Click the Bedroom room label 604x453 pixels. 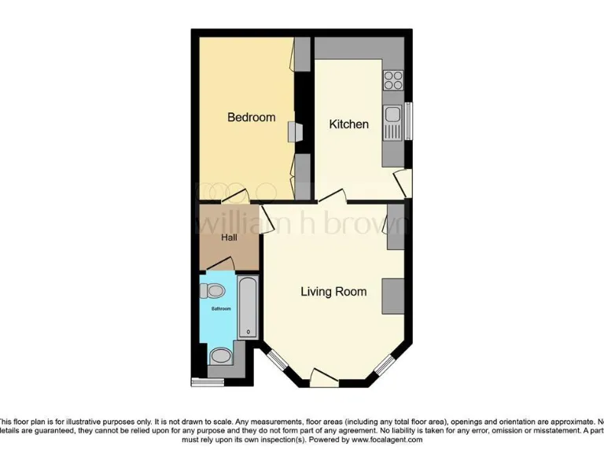(x=251, y=117)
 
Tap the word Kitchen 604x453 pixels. (x=348, y=124)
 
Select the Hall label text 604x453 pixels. (x=229, y=238)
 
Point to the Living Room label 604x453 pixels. (x=333, y=292)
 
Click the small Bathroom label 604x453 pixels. (x=221, y=309)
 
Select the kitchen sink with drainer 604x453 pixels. (x=392, y=122)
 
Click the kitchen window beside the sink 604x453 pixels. (x=408, y=122)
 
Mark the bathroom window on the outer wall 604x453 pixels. (x=208, y=382)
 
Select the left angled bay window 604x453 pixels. (x=276, y=363)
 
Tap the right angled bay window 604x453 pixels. (x=385, y=363)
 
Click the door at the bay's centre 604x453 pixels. (x=325, y=377)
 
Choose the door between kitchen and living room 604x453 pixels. (x=331, y=196)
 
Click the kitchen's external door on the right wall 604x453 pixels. (x=403, y=183)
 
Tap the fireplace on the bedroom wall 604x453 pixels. (x=293, y=132)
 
